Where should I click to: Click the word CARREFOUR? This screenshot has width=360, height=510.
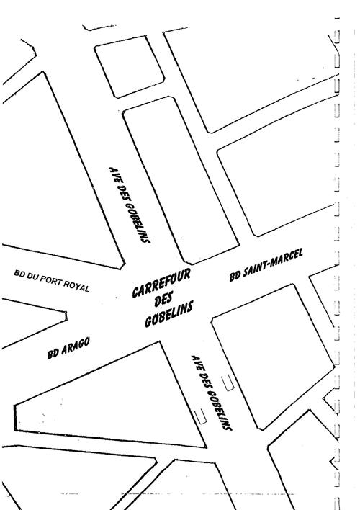(161, 284)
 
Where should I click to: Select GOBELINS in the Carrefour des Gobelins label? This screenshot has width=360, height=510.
(168, 313)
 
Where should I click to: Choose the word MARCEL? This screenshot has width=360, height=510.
(286, 258)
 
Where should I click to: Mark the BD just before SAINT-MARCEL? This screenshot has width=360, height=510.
(235, 277)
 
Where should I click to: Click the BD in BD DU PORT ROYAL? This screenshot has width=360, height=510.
(19, 274)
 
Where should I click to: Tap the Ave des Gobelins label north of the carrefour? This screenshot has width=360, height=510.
(130, 205)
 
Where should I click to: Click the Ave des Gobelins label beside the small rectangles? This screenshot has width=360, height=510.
(211, 393)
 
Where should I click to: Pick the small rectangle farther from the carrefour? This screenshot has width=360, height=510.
(201, 416)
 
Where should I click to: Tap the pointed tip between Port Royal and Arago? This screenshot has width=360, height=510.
(66, 316)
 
